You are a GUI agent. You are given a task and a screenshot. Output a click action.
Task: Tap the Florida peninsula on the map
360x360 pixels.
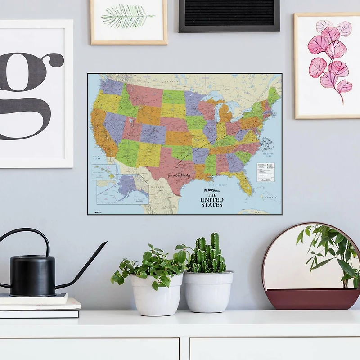246,184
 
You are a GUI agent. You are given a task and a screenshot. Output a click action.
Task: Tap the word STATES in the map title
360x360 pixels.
211,205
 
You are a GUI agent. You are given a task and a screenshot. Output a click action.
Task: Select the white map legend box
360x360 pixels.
265,172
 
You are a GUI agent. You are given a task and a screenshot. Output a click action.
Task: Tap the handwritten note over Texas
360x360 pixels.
179,175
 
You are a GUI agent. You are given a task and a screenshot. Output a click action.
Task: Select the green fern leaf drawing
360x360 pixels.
128,17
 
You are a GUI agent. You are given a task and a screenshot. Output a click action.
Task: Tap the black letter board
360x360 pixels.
229,15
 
